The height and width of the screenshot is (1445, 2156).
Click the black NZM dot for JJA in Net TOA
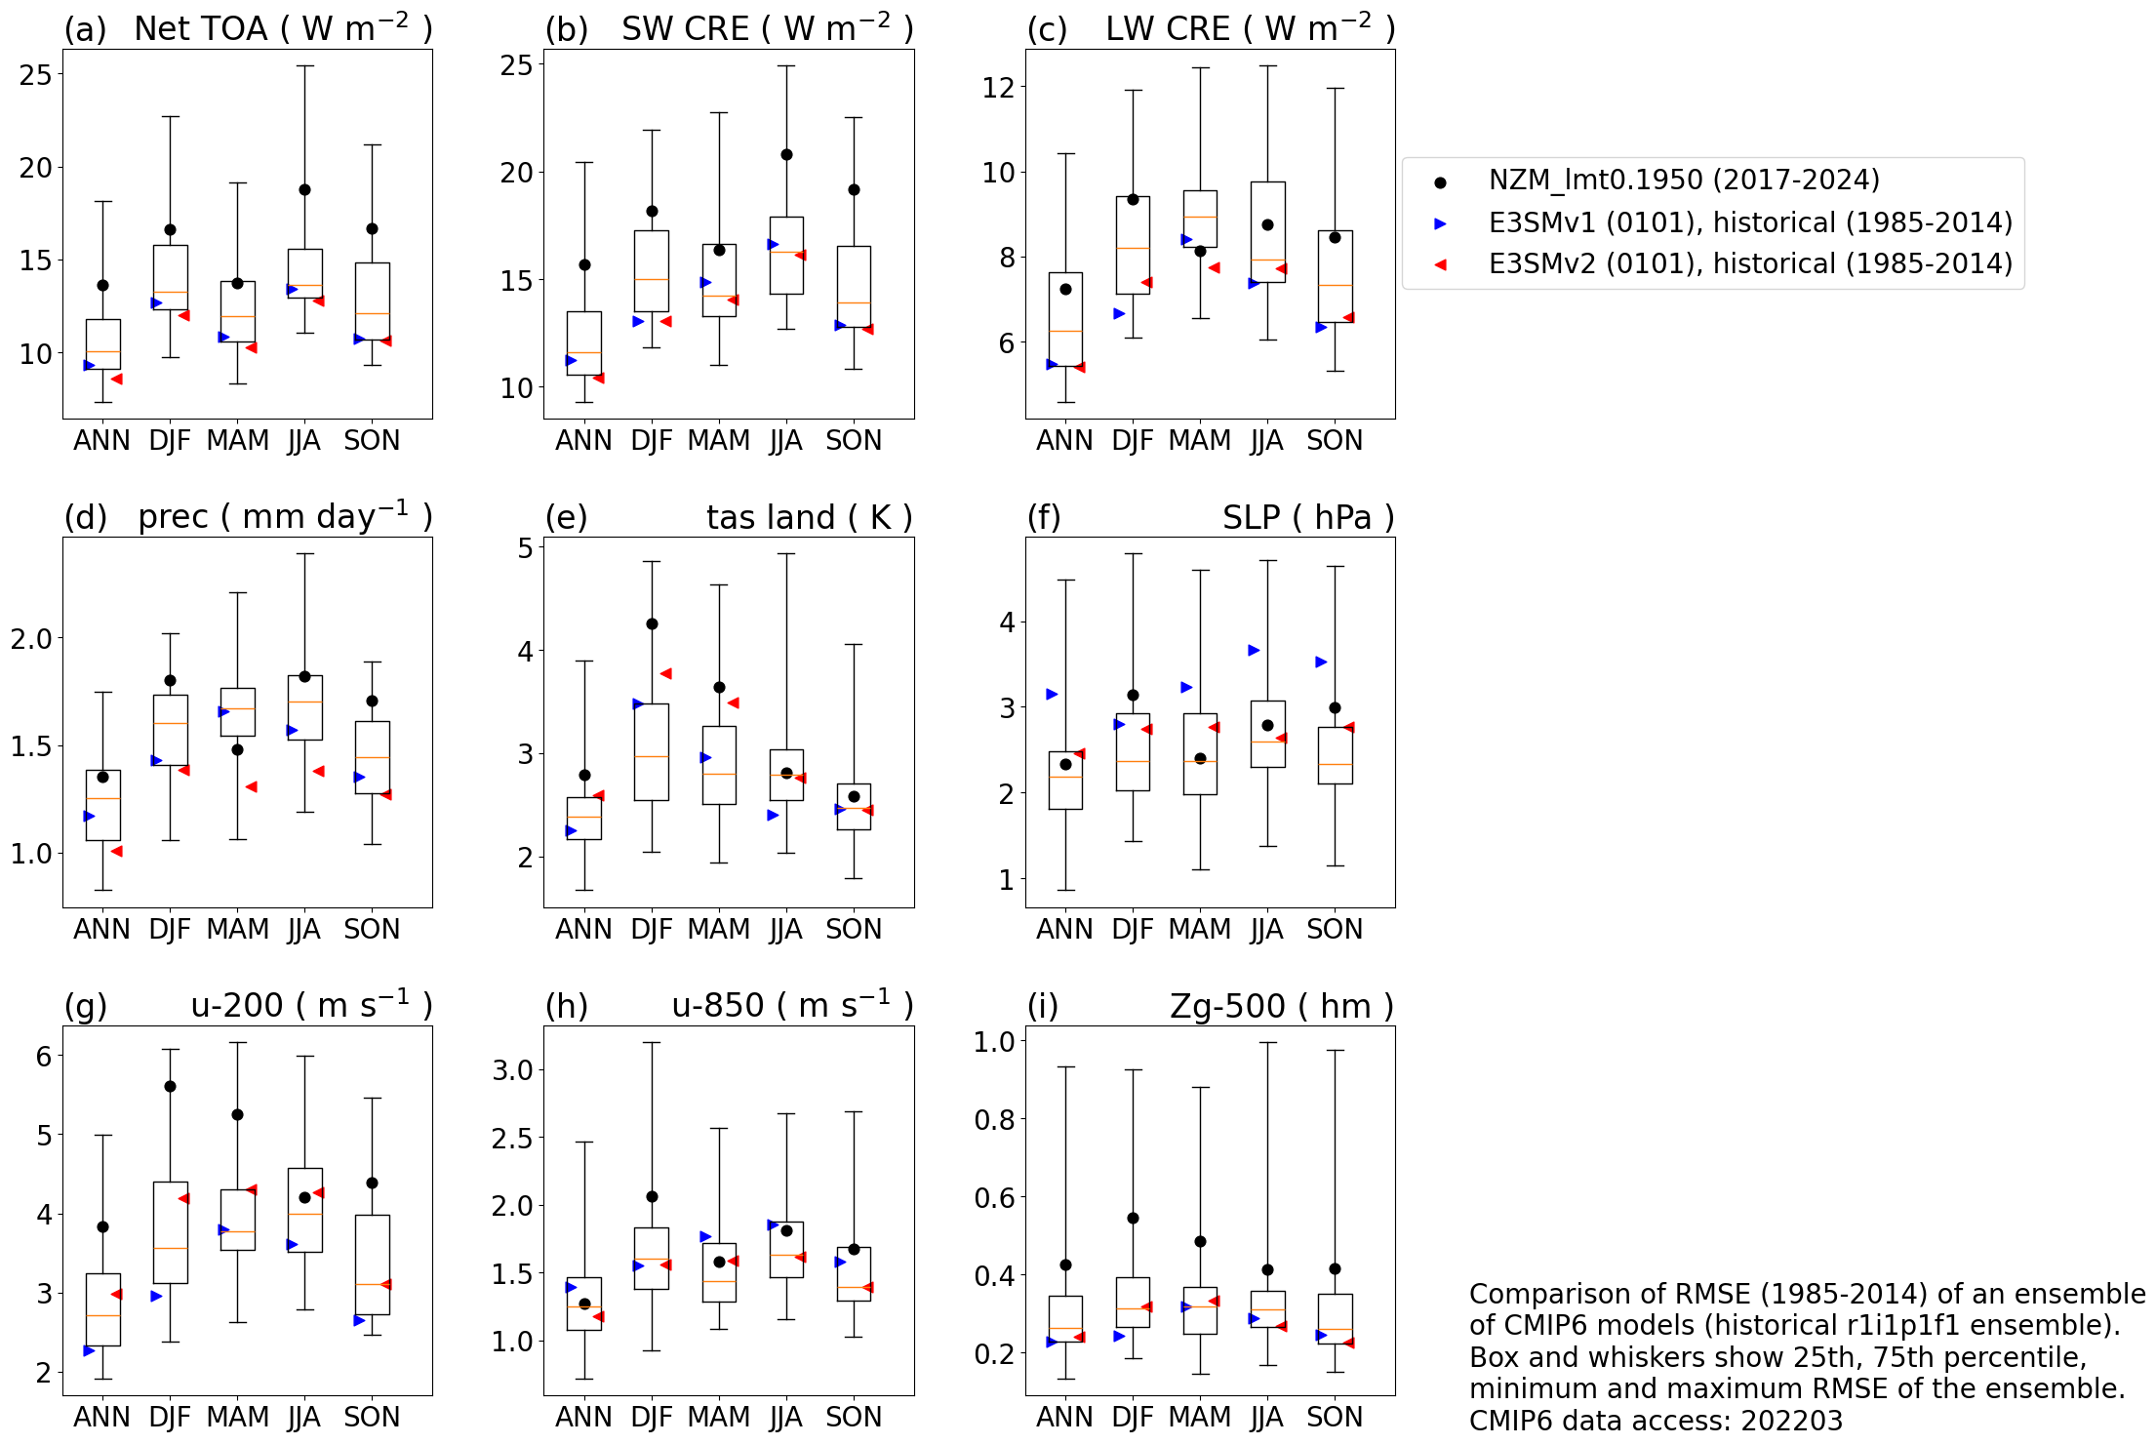coord(304,189)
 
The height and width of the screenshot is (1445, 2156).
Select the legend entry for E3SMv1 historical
coord(1749,222)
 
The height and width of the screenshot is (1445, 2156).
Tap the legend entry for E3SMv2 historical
coord(1749,263)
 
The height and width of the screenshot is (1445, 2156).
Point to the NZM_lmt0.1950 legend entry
coord(1683,181)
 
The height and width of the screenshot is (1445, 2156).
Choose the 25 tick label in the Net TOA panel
coord(36,75)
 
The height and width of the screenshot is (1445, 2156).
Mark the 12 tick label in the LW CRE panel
coord(998,88)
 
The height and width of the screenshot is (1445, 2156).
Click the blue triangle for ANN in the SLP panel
coord(1052,694)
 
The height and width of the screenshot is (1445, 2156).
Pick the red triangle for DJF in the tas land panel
coord(665,673)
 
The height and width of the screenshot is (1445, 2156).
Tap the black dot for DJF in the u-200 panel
coord(170,1086)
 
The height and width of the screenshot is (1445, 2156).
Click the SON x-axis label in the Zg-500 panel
coord(1334,1417)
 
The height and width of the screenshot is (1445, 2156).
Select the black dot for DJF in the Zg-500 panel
coord(1133,1218)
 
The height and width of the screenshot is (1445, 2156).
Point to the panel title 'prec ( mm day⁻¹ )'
coord(284,516)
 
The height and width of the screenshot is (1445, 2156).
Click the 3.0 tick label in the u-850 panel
coord(512,1070)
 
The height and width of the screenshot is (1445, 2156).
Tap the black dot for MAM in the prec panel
coord(237,749)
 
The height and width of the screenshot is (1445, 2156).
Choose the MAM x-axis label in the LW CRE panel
coord(1199,441)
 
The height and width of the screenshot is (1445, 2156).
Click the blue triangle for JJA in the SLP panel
coord(1254,650)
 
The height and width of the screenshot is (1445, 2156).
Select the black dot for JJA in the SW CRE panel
coord(786,154)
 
